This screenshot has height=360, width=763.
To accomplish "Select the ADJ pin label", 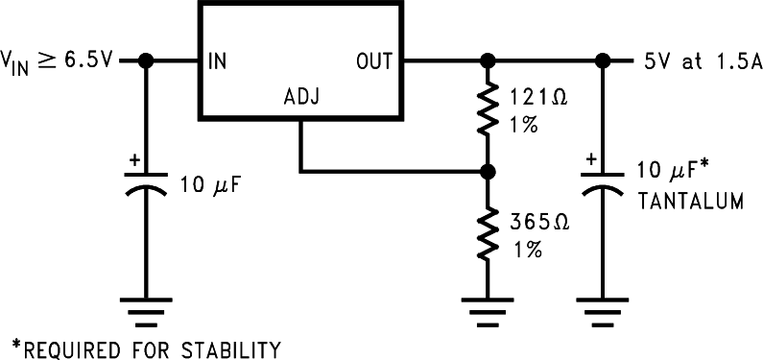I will tap(301, 98).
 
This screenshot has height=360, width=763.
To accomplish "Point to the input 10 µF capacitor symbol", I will tap(146, 183).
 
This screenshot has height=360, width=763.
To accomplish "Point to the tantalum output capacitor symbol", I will tap(603, 183).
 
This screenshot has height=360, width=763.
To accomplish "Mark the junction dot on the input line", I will tap(146, 61).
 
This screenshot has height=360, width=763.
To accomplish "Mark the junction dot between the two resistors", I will tap(488, 173).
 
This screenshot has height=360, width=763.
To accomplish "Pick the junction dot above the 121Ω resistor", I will tap(488, 61).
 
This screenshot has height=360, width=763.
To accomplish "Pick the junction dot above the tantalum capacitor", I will tap(603, 61).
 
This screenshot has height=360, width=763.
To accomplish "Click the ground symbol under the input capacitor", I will tap(146, 309).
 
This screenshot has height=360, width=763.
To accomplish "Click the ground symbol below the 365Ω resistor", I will tap(488, 309).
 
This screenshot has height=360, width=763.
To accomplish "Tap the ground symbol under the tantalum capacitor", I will tap(603, 309).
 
